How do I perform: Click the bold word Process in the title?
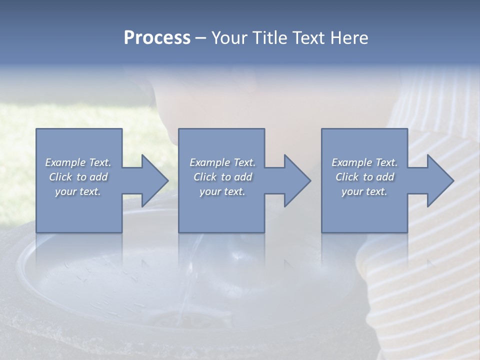click(157, 38)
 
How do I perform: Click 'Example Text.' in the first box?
click(78, 162)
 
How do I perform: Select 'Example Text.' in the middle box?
click(222, 162)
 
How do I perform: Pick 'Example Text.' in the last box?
click(364, 162)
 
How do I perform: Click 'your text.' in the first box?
click(78, 191)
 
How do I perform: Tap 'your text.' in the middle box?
click(222, 191)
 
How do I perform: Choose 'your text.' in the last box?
click(364, 191)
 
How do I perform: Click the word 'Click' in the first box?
click(60, 177)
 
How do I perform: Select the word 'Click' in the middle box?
click(205, 177)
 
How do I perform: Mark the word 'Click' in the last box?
click(347, 177)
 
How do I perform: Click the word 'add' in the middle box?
click(243, 177)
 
